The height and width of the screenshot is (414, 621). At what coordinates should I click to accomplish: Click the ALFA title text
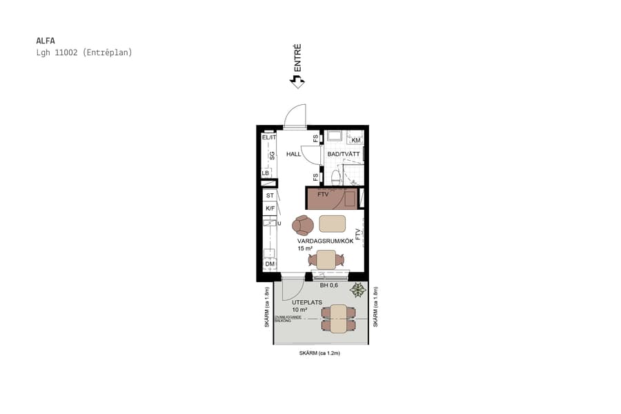(45, 40)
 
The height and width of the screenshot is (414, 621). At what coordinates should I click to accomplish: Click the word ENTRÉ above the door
(297, 59)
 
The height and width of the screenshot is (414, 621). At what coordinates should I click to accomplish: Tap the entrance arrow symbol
(297, 81)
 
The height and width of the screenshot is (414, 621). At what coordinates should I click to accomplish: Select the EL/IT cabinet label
(268, 138)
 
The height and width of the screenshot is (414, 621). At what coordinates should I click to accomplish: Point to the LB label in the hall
(266, 173)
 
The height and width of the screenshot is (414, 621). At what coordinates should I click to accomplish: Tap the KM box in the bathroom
(355, 140)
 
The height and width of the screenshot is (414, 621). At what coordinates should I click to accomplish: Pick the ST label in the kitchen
(270, 196)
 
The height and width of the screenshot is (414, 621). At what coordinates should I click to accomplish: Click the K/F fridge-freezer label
(270, 208)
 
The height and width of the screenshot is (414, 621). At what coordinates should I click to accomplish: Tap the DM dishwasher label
(269, 264)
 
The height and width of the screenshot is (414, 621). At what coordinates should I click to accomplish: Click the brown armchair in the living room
(303, 225)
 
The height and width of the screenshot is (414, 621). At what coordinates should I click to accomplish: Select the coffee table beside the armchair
(333, 224)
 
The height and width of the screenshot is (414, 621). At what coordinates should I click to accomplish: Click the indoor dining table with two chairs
(326, 259)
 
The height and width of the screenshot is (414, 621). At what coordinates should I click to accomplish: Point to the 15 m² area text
(306, 248)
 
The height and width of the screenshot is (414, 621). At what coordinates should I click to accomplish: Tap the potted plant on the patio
(357, 290)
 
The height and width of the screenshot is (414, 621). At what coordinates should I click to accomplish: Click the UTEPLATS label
(307, 302)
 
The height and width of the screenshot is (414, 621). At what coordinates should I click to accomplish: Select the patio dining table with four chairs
(338, 318)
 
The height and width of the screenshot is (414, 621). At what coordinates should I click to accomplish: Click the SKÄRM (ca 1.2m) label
(319, 353)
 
